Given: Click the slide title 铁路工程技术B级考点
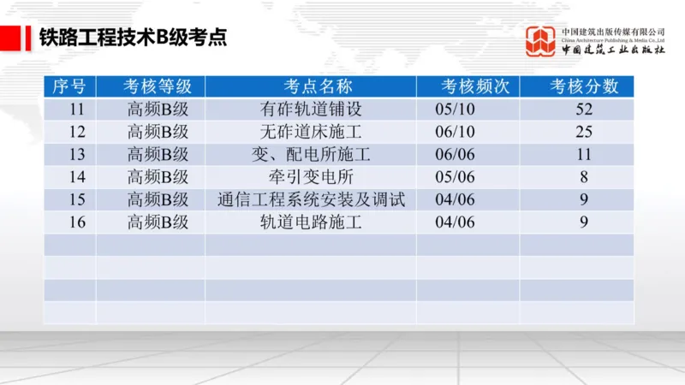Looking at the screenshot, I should [x=133, y=38].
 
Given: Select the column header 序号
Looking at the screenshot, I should [x=69, y=86].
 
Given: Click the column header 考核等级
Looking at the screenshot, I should [x=151, y=86].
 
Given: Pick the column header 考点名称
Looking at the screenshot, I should [x=311, y=86].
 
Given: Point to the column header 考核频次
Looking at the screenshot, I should [x=468, y=86].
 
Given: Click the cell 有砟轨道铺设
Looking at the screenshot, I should [x=311, y=110].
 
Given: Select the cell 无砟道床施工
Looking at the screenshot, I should [x=311, y=132].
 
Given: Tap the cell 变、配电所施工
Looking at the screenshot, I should [x=311, y=155].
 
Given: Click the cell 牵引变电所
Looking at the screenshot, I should [x=311, y=177].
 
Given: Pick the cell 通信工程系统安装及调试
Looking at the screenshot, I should [x=311, y=200].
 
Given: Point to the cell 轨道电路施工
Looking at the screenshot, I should [x=311, y=222].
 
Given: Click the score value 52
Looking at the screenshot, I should [x=585, y=110].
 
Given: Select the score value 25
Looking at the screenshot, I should [x=585, y=132].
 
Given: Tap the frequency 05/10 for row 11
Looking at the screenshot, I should [x=455, y=110].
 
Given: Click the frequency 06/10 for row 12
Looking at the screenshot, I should [x=455, y=132].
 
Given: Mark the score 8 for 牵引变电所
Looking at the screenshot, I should [x=585, y=177].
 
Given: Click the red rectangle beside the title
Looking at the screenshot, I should [x=12, y=38].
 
